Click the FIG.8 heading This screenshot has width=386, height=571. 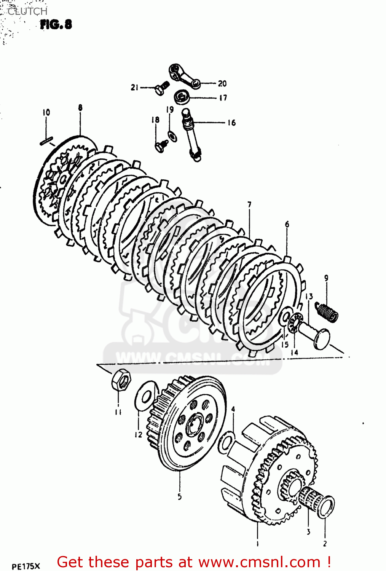56,25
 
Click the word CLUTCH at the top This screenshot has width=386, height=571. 27,11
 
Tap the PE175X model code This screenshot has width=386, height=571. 26,566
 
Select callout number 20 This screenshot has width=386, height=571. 222,83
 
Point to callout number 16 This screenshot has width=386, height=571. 231,123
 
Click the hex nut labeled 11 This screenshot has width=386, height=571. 121,380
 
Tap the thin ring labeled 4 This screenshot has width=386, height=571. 227,442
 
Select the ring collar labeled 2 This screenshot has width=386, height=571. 326,507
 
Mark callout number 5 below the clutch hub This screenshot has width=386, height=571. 179,496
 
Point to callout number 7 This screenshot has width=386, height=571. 249,205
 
